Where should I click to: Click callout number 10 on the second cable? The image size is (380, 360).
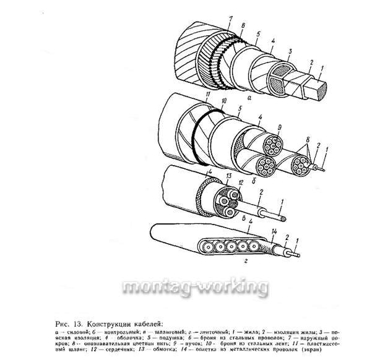coord(224,100)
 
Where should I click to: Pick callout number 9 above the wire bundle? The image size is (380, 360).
coord(279,128)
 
